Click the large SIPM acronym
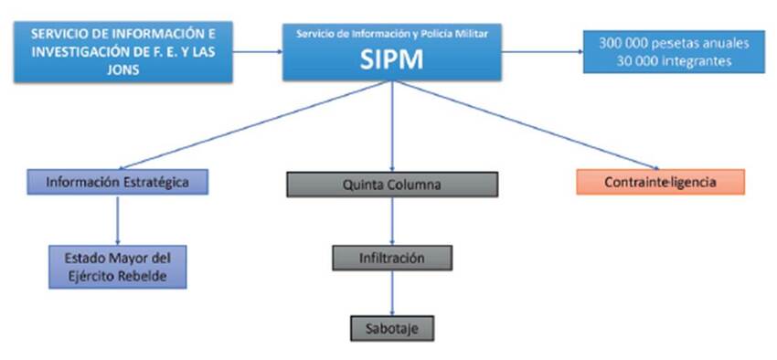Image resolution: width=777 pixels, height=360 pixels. (392, 59)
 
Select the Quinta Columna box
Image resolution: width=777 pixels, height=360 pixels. (392, 185)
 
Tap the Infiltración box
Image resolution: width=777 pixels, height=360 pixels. (392, 258)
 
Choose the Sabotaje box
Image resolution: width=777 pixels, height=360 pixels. (392, 326)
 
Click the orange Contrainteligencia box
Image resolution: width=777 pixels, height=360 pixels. (660, 182)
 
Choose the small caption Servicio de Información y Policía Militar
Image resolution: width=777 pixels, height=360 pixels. (392, 34)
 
